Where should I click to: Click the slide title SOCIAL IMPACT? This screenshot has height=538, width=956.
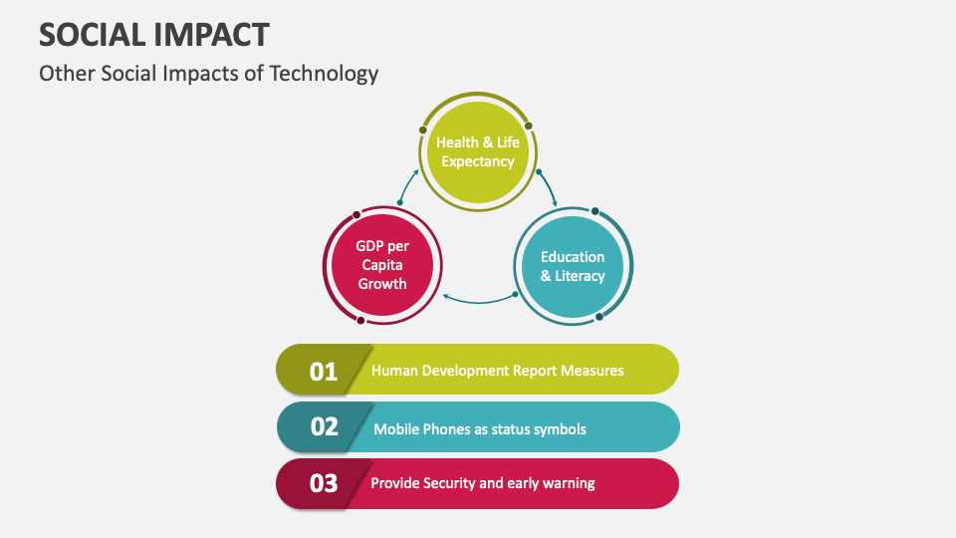coord(153,34)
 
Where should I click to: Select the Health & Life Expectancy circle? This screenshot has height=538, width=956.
coord(478,151)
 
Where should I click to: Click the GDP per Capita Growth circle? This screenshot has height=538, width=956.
coord(382,264)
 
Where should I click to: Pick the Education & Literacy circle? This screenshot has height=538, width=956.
coord(573,266)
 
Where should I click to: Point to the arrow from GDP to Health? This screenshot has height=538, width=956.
coord(406,184)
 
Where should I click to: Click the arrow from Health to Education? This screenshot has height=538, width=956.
coord(548,185)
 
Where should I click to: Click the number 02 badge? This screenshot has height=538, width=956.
coord(325,427)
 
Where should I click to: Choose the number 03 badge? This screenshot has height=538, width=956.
coord(324,483)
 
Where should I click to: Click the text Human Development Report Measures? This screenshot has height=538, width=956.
coord(497,371)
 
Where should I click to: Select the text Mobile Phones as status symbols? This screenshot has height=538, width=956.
coord(480,429)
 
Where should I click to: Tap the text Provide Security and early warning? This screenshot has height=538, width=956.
coord(483,483)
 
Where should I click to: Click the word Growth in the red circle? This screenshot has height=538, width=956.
coord(382,283)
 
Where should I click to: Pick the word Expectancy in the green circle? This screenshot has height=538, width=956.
coord(478,161)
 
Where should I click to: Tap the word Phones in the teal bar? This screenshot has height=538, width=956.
coord(443,429)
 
